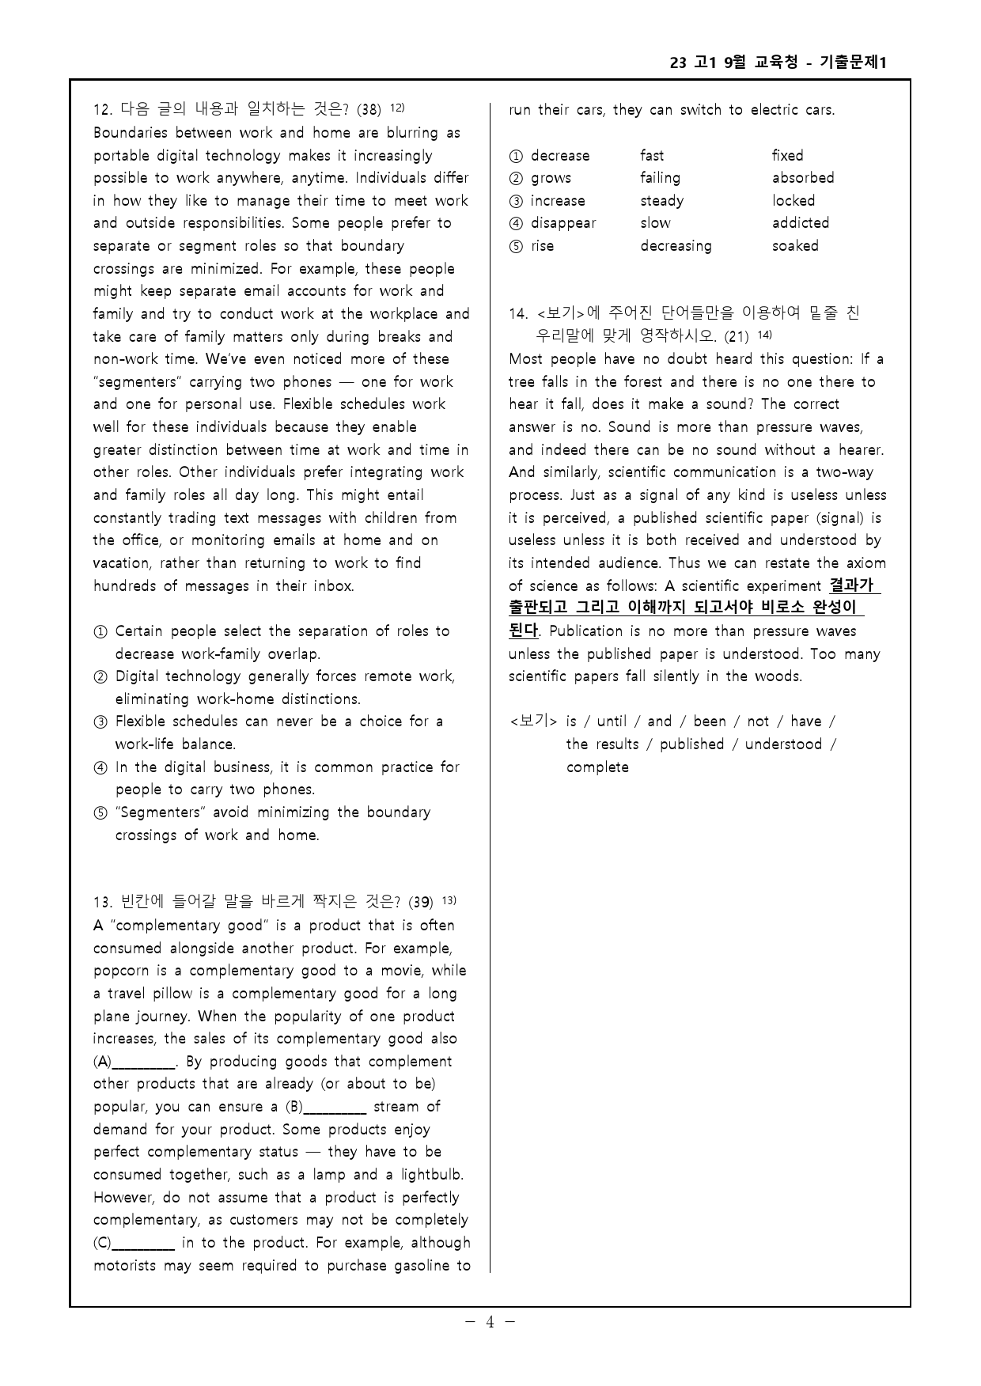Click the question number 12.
[102, 110]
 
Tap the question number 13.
[102, 903]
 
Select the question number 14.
[518, 314]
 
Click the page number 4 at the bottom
[490, 1321]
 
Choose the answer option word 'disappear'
[563, 223]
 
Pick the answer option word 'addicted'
[801, 223]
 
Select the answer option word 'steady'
[661, 201]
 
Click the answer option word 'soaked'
[795, 246]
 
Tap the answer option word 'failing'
[660, 178]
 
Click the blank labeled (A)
[144, 1062]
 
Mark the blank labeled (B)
[335, 1108]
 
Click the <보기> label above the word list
[533, 721]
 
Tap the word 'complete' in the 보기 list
[597, 767]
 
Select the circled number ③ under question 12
[100, 722]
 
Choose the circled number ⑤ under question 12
[100, 813]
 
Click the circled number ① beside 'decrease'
[517, 156]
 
